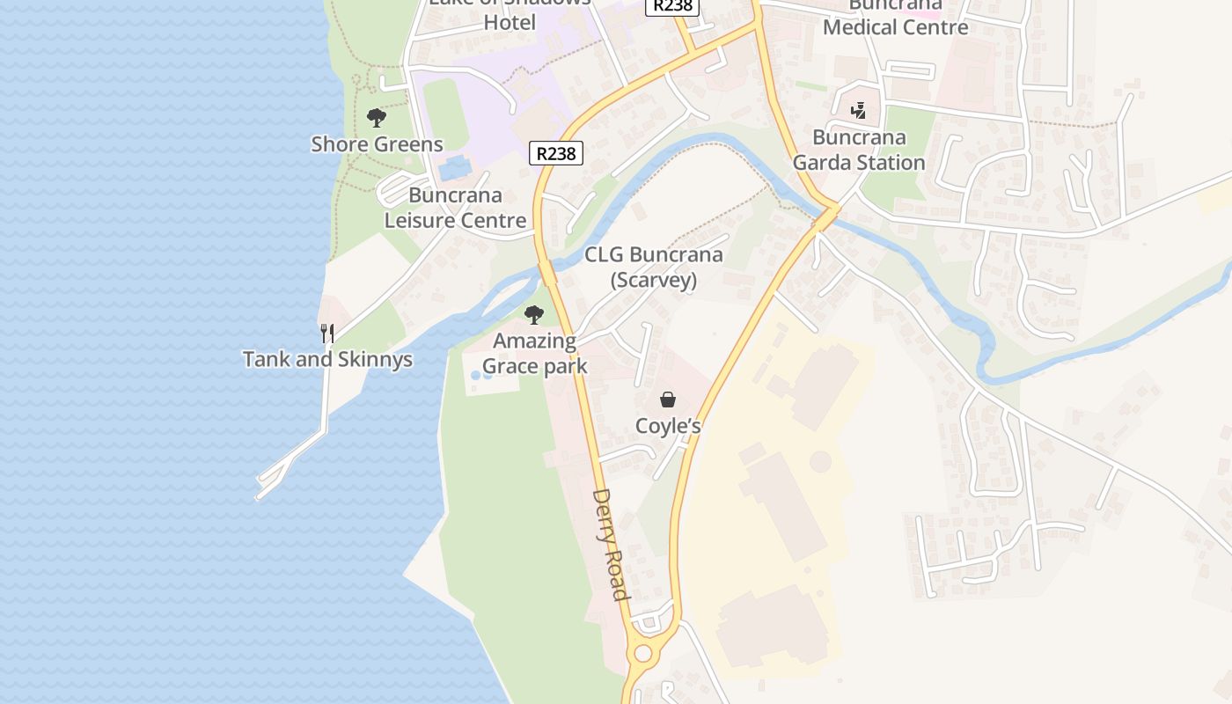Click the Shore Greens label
pos(377,144)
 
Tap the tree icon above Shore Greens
pos(377,117)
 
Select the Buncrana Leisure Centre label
pos(455,208)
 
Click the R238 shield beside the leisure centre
pos(556,153)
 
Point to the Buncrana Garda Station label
pos(859,150)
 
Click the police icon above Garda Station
pos(859,111)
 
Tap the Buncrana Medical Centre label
pos(895,18)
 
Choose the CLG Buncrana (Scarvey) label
pos(654,268)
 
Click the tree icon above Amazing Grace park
pos(533,314)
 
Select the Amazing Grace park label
pos(535,353)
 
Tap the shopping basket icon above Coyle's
pos(668,400)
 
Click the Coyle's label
pos(668,427)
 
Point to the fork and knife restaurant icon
pos(327,333)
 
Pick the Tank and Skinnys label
pos(327,359)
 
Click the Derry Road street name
pos(611,545)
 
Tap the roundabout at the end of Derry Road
pos(643,654)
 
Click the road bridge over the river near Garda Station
pos(826,216)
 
